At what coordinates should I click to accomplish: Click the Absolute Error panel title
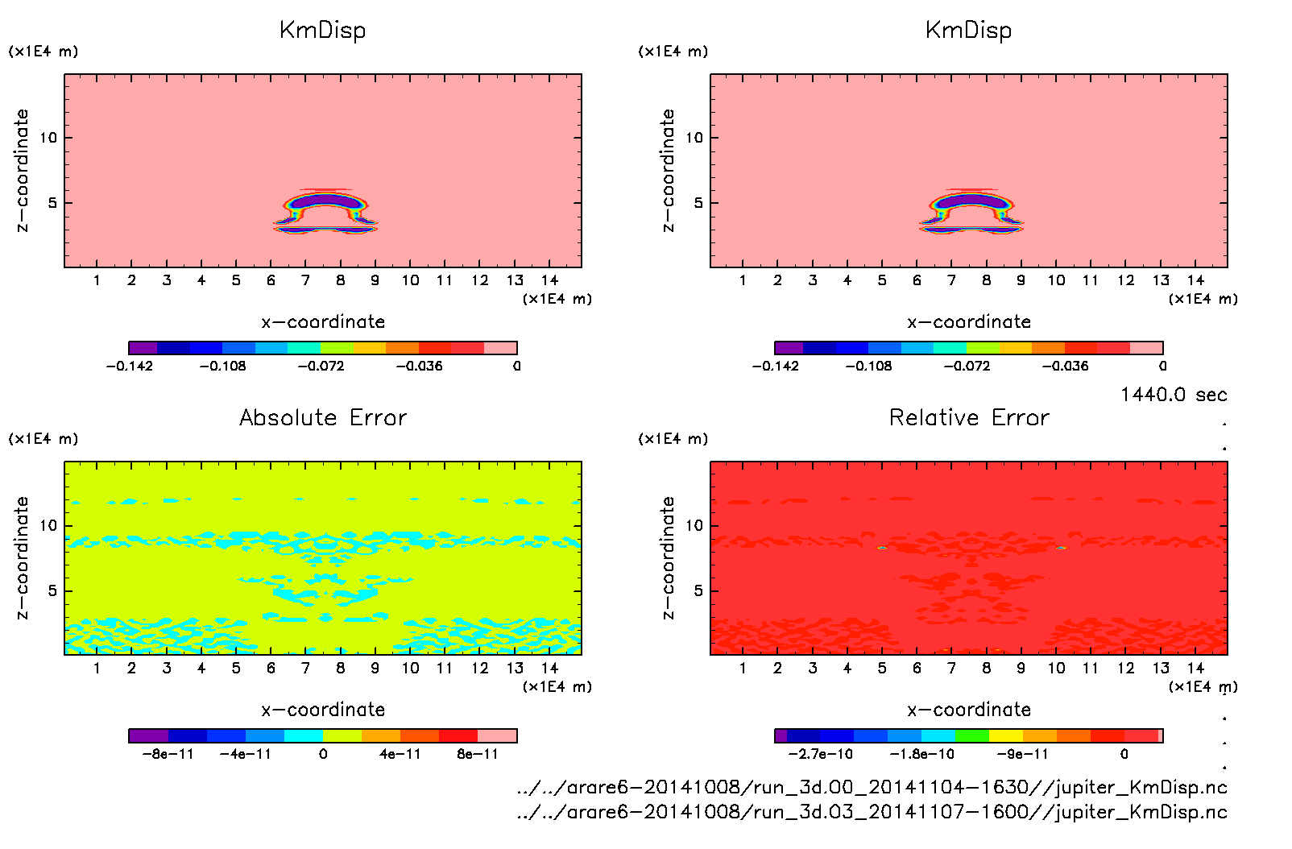pyautogui.click(x=322, y=417)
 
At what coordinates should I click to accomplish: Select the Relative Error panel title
pyautogui.click(x=968, y=417)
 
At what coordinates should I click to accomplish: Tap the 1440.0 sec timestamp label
pyautogui.click(x=1173, y=395)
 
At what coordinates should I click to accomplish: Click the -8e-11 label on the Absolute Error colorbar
pyautogui.click(x=168, y=754)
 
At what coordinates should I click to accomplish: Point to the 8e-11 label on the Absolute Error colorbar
pyautogui.click(x=478, y=754)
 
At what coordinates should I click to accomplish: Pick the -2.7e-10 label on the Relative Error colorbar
pyautogui.click(x=820, y=754)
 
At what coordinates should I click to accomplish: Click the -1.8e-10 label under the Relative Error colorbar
pyautogui.click(x=921, y=754)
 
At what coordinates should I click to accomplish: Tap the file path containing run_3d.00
pyautogui.click(x=872, y=787)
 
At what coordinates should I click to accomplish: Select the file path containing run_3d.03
pyautogui.click(x=872, y=812)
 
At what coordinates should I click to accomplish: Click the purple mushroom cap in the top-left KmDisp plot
pyautogui.click(x=326, y=200)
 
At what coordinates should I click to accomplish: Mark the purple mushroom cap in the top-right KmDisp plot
pyautogui.click(x=972, y=200)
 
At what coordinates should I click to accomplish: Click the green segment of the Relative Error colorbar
pyautogui.click(x=971, y=735)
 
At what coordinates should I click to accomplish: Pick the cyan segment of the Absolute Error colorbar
pyautogui.click(x=304, y=735)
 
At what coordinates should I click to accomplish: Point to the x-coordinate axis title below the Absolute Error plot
pyautogui.click(x=322, y=710)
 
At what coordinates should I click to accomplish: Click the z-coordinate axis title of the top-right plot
pyautogui.click(x=668, y=170)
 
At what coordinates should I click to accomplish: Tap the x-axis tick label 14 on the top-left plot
pyautogui.click(x=549, y=280)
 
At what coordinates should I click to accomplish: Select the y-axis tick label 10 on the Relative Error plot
pyautogui.click(x=694, y=525)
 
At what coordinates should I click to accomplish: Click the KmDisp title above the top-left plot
pyautogui.click(x=322, y=30)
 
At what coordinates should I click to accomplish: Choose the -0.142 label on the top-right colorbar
pyautogui.click(x=775, y=366)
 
